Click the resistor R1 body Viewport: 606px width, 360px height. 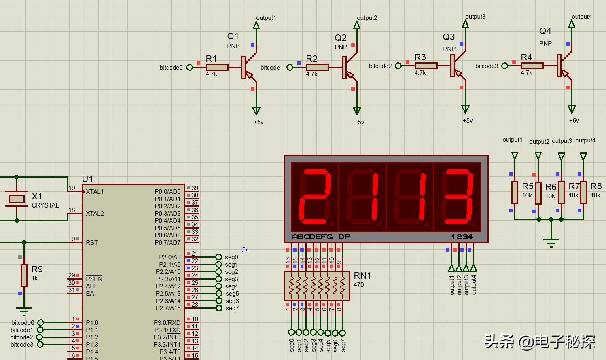(x=217, y=67)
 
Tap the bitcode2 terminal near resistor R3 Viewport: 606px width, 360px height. (x=398, y=66)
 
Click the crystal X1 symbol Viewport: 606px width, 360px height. (x=17, y=198)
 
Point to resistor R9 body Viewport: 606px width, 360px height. (x=24, y=275)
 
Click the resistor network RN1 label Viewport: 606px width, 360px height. (x=362, y=275)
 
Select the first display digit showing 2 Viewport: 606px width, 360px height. (x=314, y=197)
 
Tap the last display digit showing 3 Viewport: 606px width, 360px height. (x=458, y=197)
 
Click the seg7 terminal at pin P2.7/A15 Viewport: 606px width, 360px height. (x=219, y=308)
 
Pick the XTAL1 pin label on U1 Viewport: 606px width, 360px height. (x=95, y=192)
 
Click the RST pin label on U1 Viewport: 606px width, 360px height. (x=92, y=243)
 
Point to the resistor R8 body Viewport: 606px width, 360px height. (x=583, y=193)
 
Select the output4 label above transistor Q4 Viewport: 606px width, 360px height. (x=581, y=17)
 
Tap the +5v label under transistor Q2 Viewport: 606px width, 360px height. (x=359, y=122)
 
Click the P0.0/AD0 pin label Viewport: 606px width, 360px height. (x=167, y=192)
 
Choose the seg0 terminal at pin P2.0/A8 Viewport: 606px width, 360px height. (x=219, y=257)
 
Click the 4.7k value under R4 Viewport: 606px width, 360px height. (x=526, y=73)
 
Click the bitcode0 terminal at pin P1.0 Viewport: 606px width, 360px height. (x=40, y=323)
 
